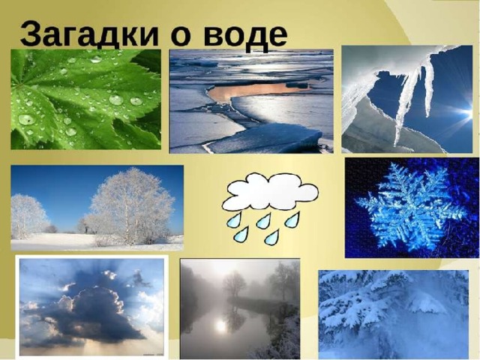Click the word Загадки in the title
pos(89,34)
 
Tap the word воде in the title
pos(245,34)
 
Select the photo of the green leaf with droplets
pos(85,99)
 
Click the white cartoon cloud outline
pos(270,192)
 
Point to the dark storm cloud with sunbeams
pos(88,312)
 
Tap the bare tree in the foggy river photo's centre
pos(234,284)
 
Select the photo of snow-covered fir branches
pos(393,314)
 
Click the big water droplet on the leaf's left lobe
pos(27,119)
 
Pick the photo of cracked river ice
pos(251,101)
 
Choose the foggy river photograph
pos(240,308)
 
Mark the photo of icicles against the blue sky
pos(407,99)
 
